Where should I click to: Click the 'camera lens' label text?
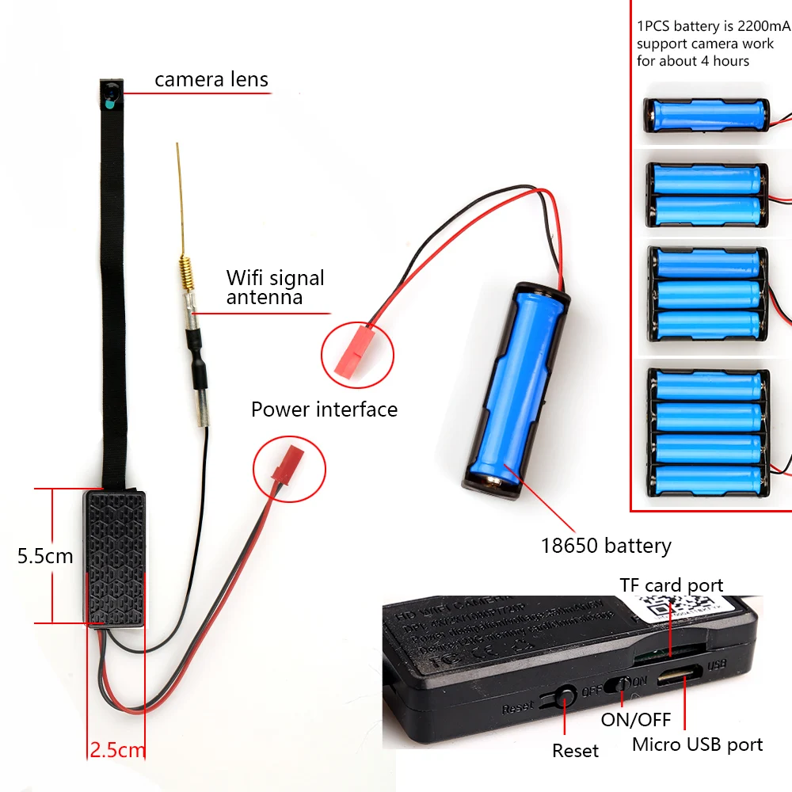click(x=211, y=80)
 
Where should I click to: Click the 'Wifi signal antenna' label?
click(x=275, y=287)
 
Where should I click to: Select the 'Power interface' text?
click(x=324, y=409)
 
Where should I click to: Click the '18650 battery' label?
click(x=606, y=546)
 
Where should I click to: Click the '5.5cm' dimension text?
click(x=45, y=556)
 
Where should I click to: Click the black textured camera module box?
click(x=115, y=558)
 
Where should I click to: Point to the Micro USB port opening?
click(x=679, y=677)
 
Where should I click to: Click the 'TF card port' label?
click(x=671, y=586)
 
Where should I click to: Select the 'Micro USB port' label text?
click(x=697, y=744)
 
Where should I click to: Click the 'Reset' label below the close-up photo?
click(x=576, y=750)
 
